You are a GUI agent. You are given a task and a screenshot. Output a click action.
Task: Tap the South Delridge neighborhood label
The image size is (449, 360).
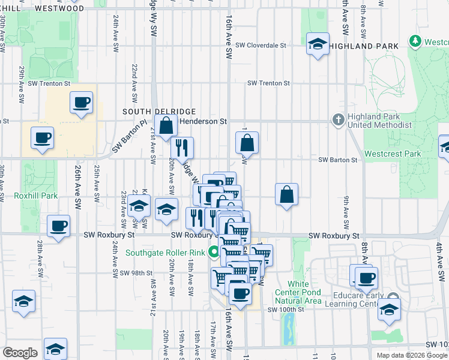[x=151, y=112]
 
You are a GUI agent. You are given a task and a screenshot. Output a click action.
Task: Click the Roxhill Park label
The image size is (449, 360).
[x=37, y=196]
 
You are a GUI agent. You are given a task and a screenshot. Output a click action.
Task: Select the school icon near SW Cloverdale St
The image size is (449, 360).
[x=318, y=44]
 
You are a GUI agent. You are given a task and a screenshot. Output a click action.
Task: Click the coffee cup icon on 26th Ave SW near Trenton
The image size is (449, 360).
[x=81, y=103]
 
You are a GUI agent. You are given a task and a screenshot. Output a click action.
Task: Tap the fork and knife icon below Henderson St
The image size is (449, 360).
[x=181, y=148]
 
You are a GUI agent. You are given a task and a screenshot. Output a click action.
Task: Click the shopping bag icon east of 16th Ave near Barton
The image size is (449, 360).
[x=247, y=143]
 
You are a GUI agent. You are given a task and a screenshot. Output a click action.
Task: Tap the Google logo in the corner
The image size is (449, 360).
[x=20, y=353]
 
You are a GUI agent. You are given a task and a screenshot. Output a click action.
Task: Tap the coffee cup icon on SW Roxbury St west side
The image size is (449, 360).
[x=59, y=227]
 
